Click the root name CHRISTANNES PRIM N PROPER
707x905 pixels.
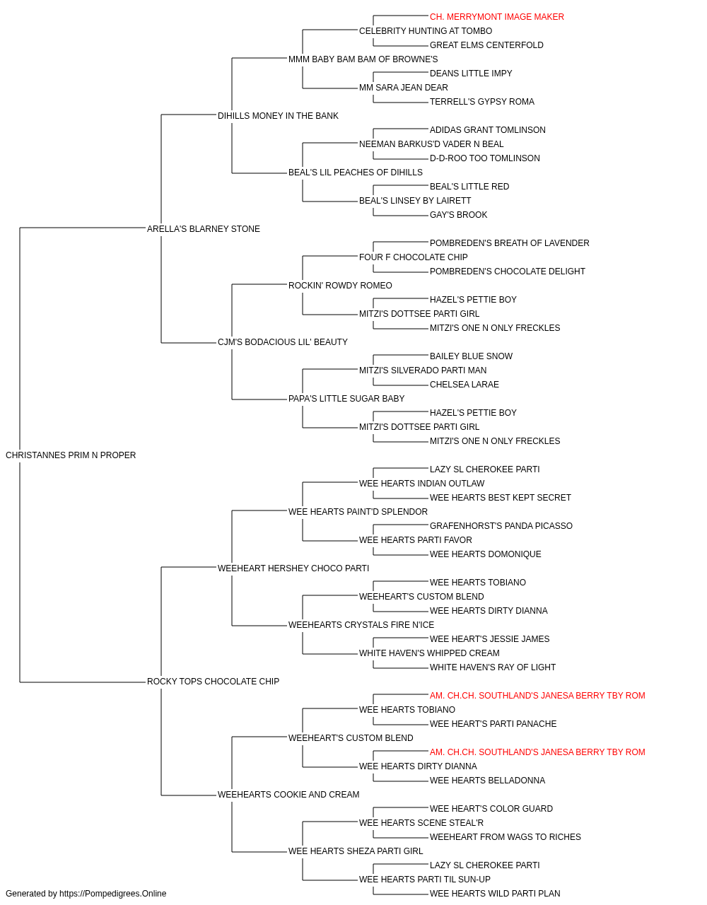click(x=71, y=455)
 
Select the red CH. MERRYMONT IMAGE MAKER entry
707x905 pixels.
click(x=497, y=17)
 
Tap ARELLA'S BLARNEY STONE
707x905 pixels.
click(x=203, y=228)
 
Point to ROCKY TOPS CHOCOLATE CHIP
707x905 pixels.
click(x=213, y=682)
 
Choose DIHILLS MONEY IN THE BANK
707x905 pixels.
click(x=278, y=116)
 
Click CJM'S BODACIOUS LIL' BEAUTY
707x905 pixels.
click(x=282, y=342)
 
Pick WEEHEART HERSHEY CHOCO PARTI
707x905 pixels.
click(x=293, y=568)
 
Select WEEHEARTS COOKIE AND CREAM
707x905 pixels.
click(x=288, y=794)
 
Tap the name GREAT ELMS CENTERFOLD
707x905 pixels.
click(x=486, y=45)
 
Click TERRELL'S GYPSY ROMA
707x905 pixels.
click(x=481, y=102)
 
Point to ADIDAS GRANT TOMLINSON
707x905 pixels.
click(x=488, y=130)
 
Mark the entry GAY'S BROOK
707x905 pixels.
click(x=458, y=214)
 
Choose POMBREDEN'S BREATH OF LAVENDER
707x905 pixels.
click(x=509, y=243)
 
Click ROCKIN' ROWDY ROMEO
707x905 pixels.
click(x=340, y=285)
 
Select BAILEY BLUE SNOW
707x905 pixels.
click(x=471, y=356)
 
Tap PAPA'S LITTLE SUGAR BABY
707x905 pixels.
click(x=346, y=399)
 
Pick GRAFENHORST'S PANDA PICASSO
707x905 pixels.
click(x=501, y=525)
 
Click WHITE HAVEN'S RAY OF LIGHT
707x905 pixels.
click(x=493, y=667)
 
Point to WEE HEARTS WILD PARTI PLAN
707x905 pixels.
click(x=495, y=894)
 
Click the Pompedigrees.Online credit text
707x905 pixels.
click(x=86, y=894)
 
